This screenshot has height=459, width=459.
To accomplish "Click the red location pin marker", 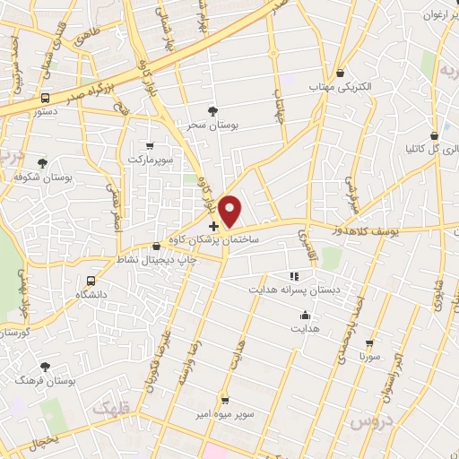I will pyautogui.click(x=230, y=211).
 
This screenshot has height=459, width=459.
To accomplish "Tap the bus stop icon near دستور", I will pyautogui.click(x=45, y=98).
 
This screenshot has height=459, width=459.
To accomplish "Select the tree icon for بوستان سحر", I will pyautogui.click(x=212, y=110).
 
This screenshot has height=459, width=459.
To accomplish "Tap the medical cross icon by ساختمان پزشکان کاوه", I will pyautogui.click(x=212, y=227).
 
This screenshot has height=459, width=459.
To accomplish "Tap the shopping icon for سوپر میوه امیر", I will pyautogui.click(x=224, y=401).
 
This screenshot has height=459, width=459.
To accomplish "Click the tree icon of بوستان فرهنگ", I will pyautogui.click(x=45, y=366).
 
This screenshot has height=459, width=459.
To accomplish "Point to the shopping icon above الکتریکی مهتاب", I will pyautogui.click(x=341, y=74).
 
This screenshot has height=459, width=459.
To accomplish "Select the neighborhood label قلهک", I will pyautogui.click(x=109, y=408).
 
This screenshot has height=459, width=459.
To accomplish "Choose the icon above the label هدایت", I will pyautogui.click(x=306, y=315).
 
